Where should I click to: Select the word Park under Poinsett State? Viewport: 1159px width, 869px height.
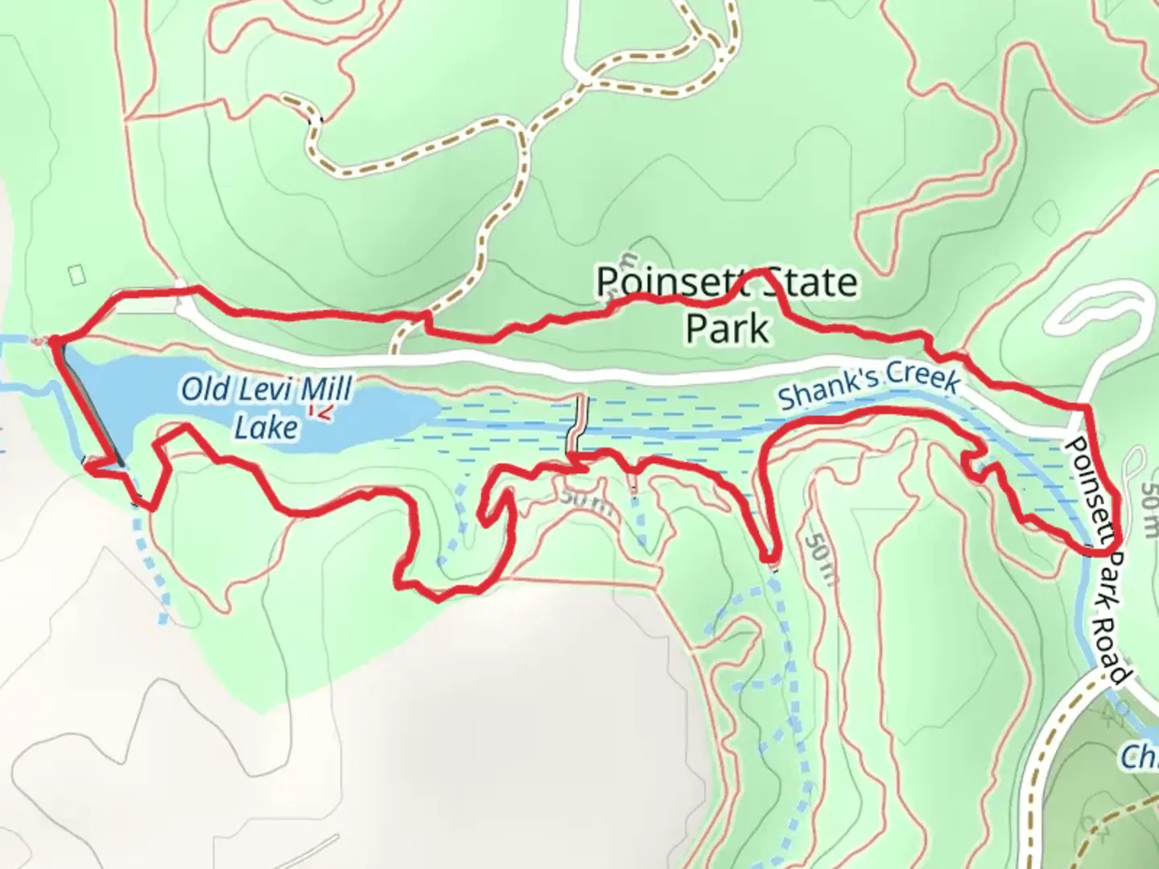(726, 328)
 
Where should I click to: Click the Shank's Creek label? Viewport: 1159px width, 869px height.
(869, 385)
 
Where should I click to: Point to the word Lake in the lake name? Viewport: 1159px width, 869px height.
(266, 427)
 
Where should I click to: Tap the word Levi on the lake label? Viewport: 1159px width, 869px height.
(262, 390)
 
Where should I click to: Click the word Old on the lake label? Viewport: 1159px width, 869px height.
(203, 390)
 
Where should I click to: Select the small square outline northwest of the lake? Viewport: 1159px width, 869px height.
(77, 274)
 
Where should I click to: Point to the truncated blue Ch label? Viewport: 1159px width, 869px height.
(1140, 757)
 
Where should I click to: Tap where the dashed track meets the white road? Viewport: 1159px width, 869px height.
(394, 351)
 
